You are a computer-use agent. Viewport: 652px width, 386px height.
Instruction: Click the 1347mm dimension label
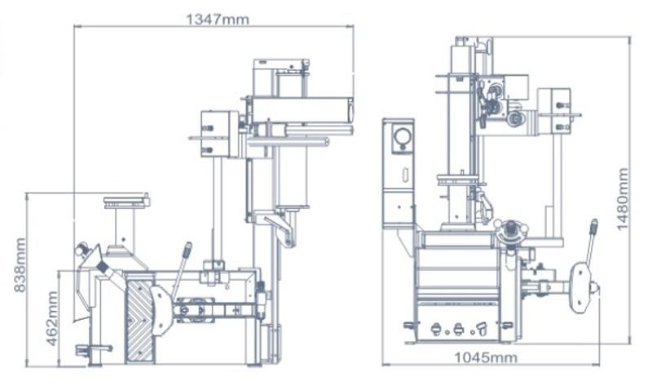[218, 19]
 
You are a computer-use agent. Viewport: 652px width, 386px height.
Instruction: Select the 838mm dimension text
[20, 265]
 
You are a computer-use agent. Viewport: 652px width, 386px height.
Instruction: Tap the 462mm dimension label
[52, 318]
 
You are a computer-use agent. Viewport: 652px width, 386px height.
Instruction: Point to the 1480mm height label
[623, 199]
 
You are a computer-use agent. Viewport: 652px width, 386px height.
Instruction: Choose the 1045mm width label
[486, 357]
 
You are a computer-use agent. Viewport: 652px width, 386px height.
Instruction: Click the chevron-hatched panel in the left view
[139, 321]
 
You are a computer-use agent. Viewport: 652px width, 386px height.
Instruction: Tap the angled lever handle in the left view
[182, 268]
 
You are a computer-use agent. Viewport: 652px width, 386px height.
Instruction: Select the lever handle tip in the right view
[594, 227]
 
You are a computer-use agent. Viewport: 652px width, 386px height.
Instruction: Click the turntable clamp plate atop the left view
[126, 202]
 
